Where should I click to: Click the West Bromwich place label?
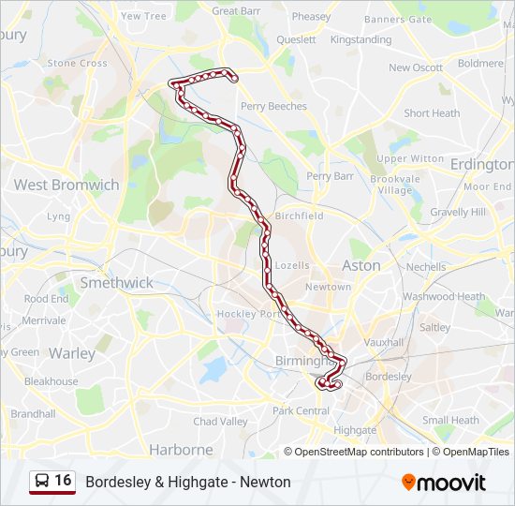coord(66,185)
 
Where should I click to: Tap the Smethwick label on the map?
coord(116,282)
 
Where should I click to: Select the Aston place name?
coord(360,265)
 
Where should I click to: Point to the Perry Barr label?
coord(330,175)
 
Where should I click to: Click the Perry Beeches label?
coord(273,106)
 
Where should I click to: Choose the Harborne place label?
coord(181,450)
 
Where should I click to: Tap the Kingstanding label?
coord(360,40)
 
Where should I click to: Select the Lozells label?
coord(292,265)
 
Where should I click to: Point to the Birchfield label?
coord(298,216)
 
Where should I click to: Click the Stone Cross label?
coord(78,64)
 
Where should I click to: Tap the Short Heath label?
coord(432,113)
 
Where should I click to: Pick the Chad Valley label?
coord(221,422)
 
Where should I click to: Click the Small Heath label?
coord(449,420)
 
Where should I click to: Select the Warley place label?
coord(72,353)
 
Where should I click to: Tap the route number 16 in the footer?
coord(63,481)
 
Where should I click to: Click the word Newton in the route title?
coord(265,482)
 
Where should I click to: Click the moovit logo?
coord(444,483)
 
